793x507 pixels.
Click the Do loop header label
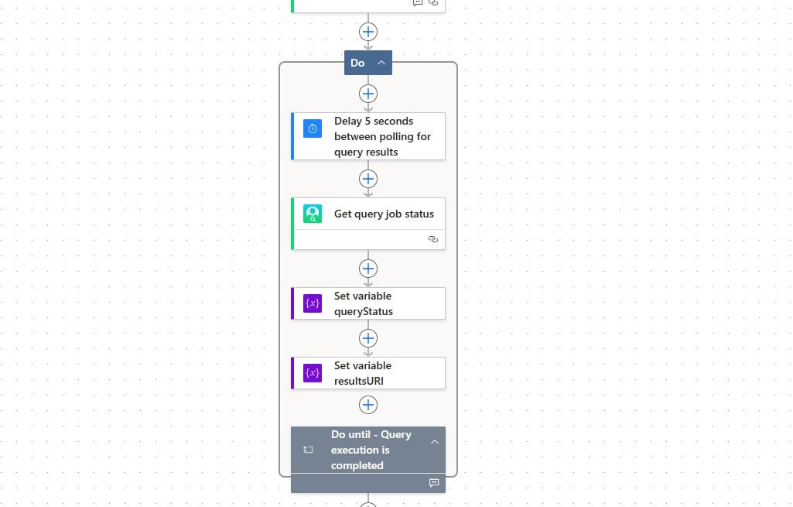point(357,63)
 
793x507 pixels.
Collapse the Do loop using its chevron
point(381,63)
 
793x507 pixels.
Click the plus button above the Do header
point(368,32)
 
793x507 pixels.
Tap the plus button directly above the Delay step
point(368,94)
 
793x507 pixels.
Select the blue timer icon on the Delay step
point(313,128)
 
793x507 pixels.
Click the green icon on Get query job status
point(313,214)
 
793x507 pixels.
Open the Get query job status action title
point(384,214)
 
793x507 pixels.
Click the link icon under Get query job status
point(433,240)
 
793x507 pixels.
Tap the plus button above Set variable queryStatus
point(368,269)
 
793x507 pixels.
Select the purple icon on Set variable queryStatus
point(313,303)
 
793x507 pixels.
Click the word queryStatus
point(364,311)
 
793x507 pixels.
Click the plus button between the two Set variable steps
point(368,338)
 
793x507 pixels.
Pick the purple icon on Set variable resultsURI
point(313,373)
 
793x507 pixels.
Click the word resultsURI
point(359,381)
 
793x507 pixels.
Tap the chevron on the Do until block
point(434,442)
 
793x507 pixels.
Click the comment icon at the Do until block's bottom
point(434,483)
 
